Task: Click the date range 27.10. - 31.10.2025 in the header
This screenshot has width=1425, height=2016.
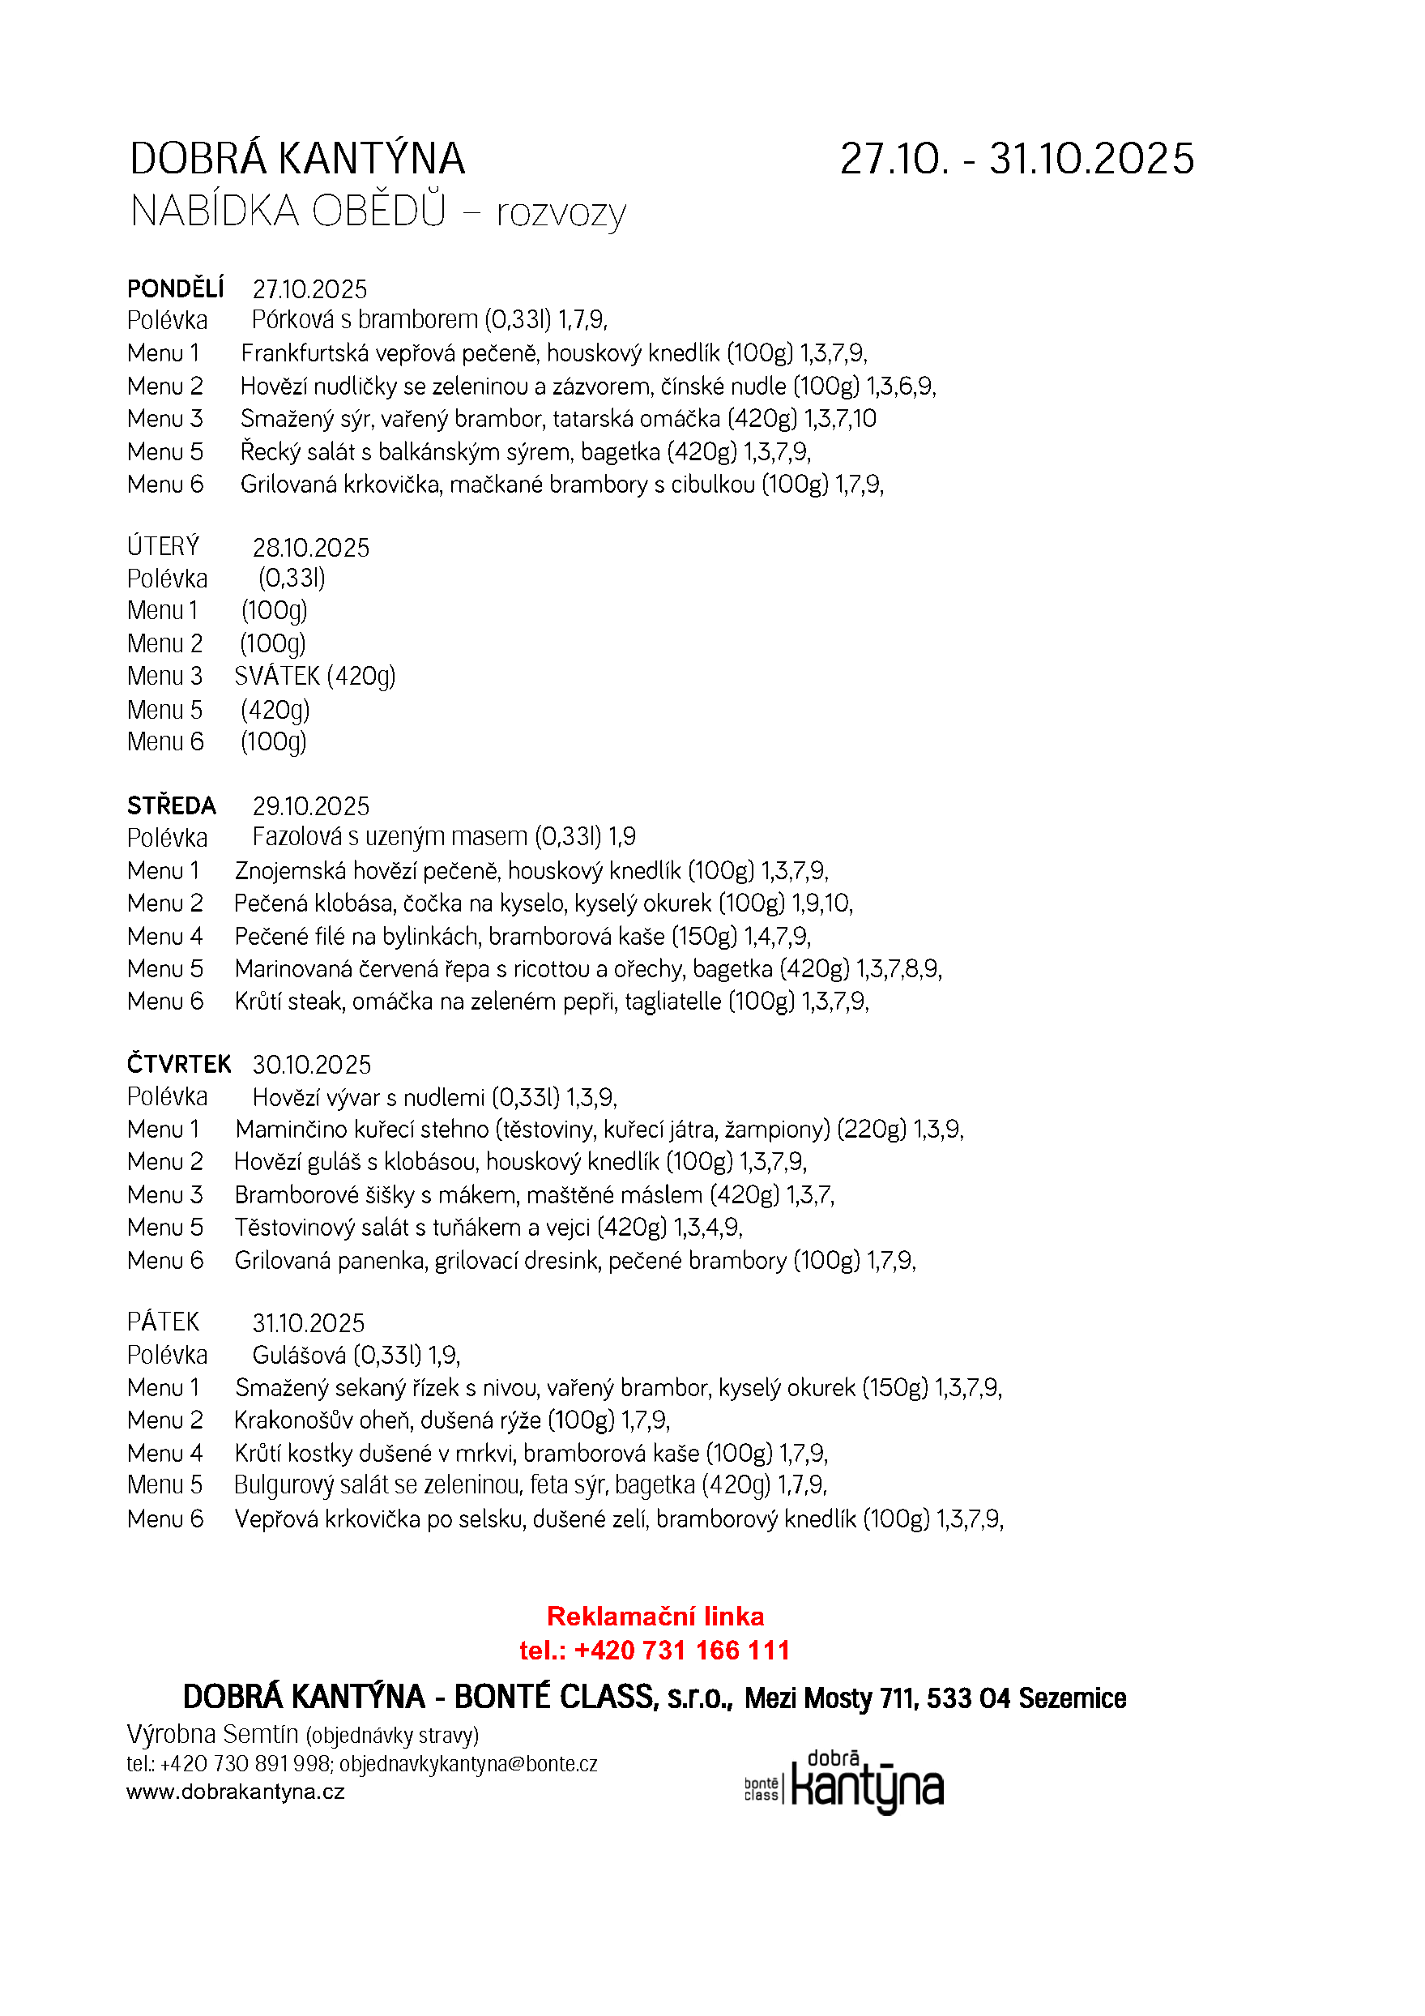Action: point(1017,160)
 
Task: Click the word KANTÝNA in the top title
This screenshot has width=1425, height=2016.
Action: point(371,160)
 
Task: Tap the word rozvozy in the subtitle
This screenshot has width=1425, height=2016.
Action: point(561,213)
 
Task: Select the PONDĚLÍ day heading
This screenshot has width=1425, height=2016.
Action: point(176,289)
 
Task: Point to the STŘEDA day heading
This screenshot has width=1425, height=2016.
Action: point(171,806)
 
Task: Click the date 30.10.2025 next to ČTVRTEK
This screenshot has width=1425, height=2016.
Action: point(312,1065)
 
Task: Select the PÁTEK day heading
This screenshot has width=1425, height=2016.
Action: point(164,1322)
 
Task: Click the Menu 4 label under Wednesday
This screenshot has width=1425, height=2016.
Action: point(165,937)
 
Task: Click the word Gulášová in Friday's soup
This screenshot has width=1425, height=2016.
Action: point(298,1356)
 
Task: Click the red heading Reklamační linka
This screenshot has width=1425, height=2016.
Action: point(655,1617)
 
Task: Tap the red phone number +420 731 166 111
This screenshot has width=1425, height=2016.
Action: point(681,1651)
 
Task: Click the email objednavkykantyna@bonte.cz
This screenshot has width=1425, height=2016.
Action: point(468,1765)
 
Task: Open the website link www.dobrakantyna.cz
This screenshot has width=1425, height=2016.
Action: point(235,1792)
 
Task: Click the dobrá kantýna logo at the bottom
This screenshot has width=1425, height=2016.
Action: point(844,1783)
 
